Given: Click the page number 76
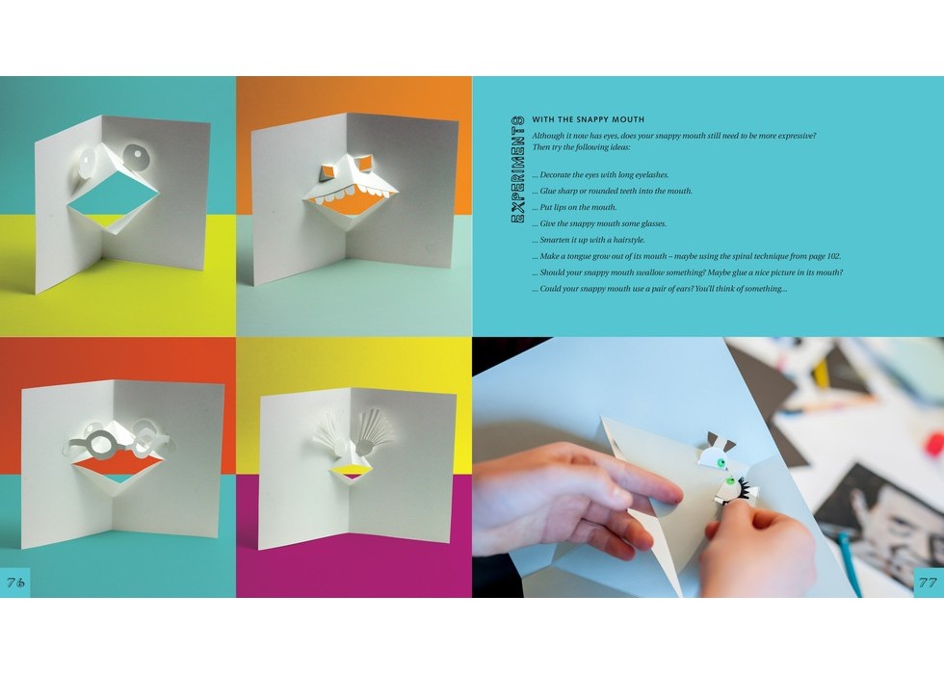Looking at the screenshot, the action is point(15,582).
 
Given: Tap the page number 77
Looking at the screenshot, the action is point(927,582).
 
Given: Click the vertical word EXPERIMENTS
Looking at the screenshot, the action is point(517,169).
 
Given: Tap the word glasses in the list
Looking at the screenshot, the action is point(652,223).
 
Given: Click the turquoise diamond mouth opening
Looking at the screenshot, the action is point(113,194).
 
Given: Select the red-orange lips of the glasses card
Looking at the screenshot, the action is point(118,462).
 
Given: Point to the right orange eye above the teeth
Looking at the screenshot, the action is point(365,163).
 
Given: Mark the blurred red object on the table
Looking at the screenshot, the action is point(935,444).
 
